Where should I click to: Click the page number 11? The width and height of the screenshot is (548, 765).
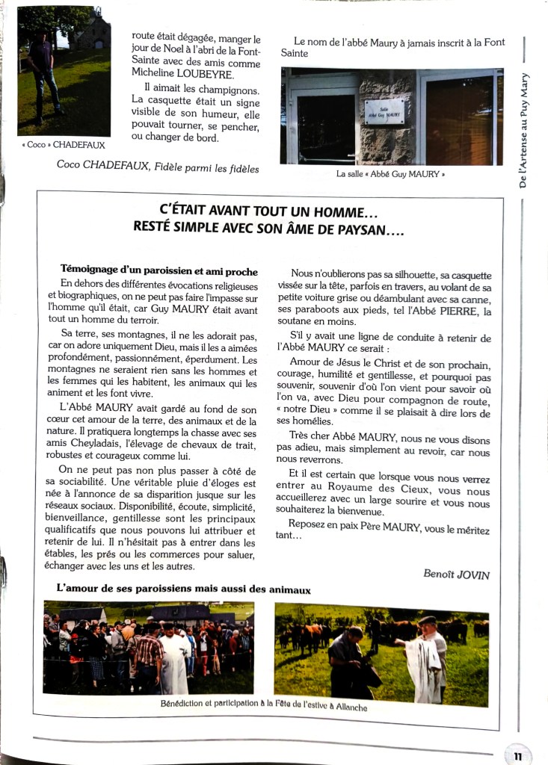pyautogui.click(x=518, y=755)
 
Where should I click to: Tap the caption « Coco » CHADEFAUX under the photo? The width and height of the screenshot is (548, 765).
pyautogui.click(x=64, y=145)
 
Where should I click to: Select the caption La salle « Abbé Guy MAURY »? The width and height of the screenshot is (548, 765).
pyautogui.click(x=390, y=175)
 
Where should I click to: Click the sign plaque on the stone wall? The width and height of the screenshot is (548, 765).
pyautogui.click(x=384, y=111)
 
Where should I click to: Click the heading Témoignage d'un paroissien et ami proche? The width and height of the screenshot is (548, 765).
pyautogui.click(x=159, y=271)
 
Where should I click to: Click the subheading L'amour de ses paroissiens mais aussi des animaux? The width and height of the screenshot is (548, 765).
pyautogui.click(x=184, y=589)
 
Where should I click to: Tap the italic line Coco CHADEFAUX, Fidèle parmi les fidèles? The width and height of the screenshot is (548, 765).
pyautogui.click(x=158, y=168)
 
